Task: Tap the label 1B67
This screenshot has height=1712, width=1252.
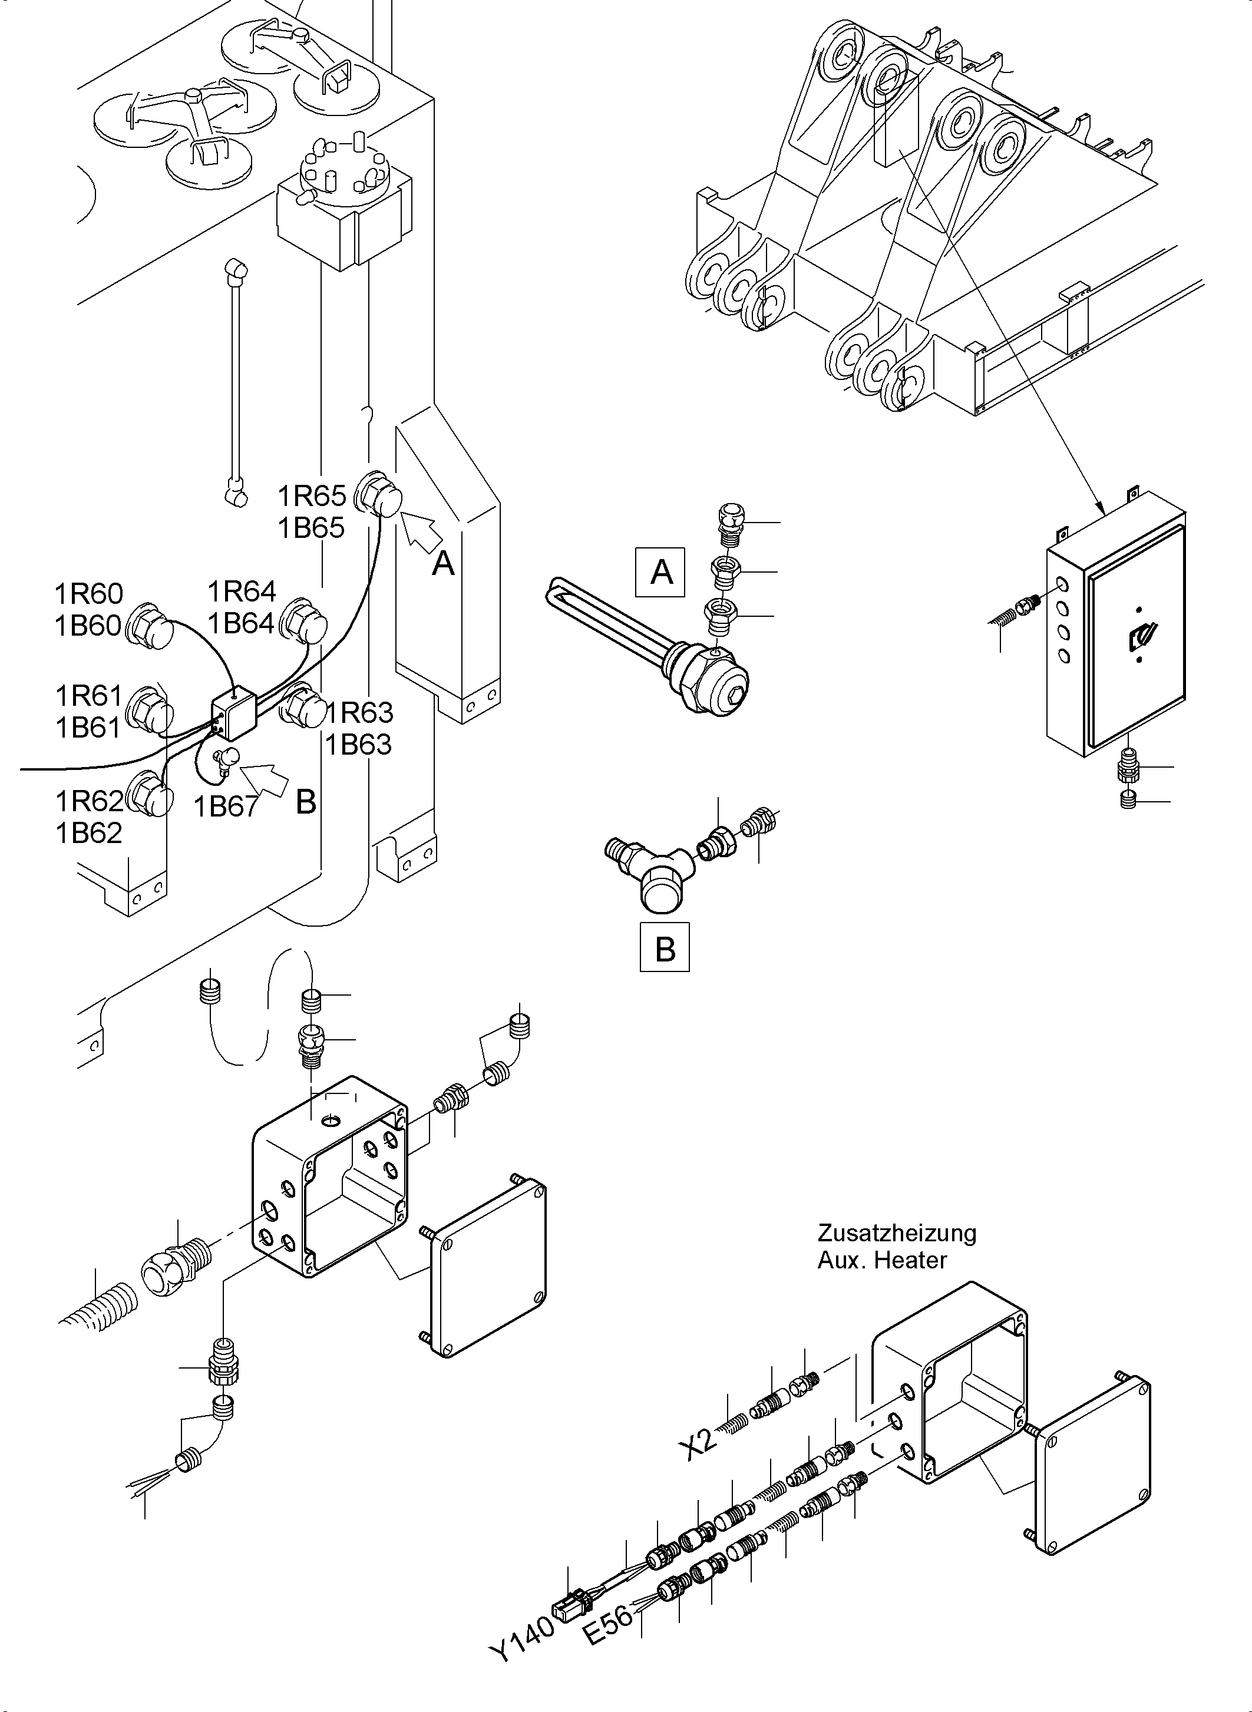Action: click(x=226, y=807)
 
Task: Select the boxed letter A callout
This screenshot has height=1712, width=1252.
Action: click(x=662, y=571)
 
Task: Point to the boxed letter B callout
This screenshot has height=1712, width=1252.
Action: click(x=665, y=947)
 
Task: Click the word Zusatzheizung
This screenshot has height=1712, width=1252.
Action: click(x=897, y=1232)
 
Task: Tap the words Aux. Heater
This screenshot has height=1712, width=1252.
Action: click(x=882, y=1260)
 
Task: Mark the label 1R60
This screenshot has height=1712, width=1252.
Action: click(x=88, y=593)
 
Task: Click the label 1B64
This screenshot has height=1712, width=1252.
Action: click(x=241, y=623)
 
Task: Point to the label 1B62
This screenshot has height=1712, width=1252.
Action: click(x=88, y=833)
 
